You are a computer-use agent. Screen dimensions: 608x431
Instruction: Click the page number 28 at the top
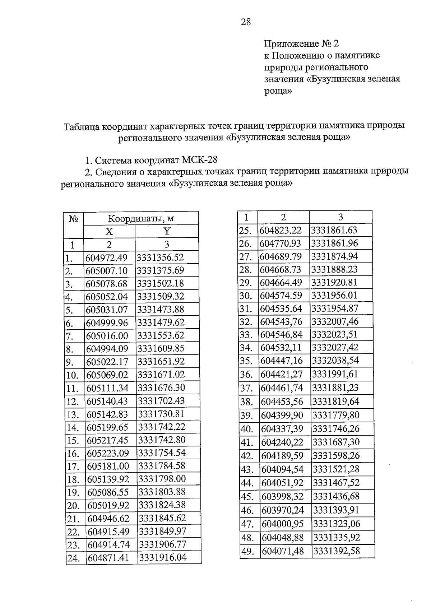point(246,22)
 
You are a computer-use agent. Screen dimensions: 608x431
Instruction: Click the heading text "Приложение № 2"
point(301,44)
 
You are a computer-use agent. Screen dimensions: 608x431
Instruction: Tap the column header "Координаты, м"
point(141,218)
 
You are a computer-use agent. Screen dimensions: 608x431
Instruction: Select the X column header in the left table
point(109,231)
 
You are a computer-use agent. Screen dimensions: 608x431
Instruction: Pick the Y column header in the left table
point(167,231)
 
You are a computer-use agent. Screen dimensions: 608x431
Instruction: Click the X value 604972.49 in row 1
point(106,257)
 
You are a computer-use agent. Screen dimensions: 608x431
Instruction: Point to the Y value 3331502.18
point(161,283)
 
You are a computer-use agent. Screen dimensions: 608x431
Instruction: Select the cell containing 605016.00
point(107,335)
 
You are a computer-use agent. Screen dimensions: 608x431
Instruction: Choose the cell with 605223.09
point(108,453)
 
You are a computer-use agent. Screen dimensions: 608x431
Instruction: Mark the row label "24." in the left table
point(73,558)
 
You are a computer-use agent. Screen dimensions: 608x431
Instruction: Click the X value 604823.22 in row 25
point(281,230)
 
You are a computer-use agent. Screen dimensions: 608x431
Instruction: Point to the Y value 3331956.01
point(334,296)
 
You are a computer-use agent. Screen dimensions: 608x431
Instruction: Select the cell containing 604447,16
point(282,361)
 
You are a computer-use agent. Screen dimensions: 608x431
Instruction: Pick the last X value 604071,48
point(283,551)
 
